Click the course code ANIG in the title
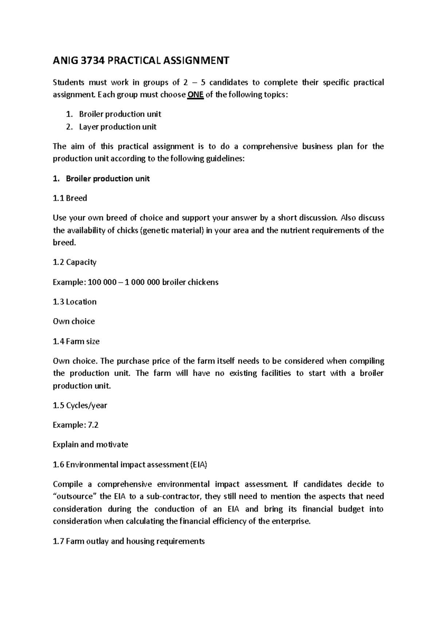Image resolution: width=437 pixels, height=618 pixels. coord(65,60)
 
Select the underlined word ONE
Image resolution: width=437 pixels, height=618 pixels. coord(195,95)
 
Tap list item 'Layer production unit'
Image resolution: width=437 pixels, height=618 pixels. coord(118,127)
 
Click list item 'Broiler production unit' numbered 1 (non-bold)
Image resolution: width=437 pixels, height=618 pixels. coord(120,114)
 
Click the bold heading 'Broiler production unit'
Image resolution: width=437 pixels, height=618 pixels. coord(107,179)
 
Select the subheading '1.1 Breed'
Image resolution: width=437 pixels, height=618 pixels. coord(70,198)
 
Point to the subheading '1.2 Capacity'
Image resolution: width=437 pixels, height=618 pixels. coord(75,262)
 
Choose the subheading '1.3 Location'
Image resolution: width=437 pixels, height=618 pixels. coord(75,302)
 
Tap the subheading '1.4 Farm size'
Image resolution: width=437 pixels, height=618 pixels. coord(76,341)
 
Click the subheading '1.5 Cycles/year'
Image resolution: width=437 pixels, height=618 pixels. coord(80,405)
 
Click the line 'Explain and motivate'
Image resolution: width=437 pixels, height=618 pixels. coord(90,445)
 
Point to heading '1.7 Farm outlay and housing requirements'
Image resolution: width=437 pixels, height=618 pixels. coord(129,541)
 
